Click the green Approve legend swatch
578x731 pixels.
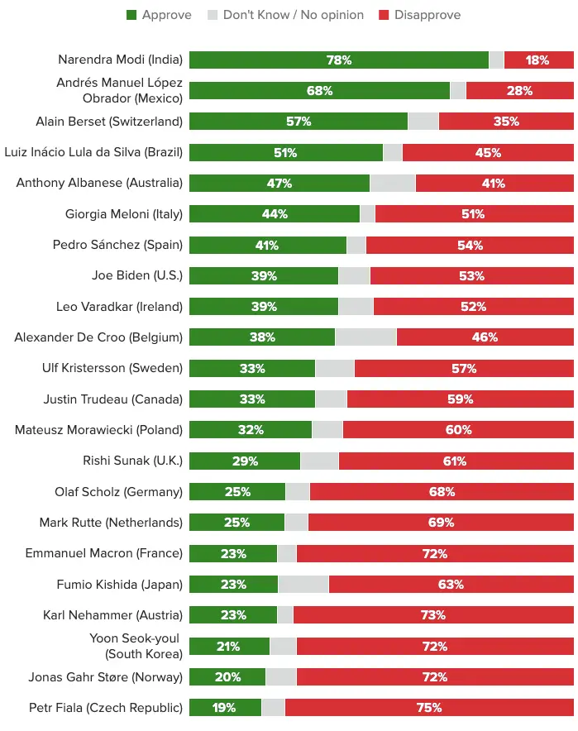click(131, 15)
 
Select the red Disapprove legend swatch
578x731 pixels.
click(384, 15)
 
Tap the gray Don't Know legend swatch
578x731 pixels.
click(213, 15)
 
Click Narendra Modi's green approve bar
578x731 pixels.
click(339, 60)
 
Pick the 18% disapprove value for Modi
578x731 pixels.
click(537, 60)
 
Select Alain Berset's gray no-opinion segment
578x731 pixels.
click(423, 122)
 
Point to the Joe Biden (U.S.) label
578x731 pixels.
click(137, 275)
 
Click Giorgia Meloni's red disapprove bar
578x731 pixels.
click(475, 214)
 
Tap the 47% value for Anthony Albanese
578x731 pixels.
click(279, 184)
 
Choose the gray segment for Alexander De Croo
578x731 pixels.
click(366, 337)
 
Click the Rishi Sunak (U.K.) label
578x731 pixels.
click(133, 461)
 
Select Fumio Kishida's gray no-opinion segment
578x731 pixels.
click(303, 584)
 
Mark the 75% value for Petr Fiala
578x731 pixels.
click(429, 708)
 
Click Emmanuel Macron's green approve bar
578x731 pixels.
click(233, 553)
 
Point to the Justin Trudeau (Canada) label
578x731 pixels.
click(113, 399)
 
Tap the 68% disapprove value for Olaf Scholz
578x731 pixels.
click(442, 492)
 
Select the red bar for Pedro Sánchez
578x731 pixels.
click(470, 246)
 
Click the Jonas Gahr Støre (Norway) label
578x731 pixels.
click(106, 677)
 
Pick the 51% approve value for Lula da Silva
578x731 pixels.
click(285, 152)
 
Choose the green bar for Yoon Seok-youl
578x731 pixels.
click(229, 646)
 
